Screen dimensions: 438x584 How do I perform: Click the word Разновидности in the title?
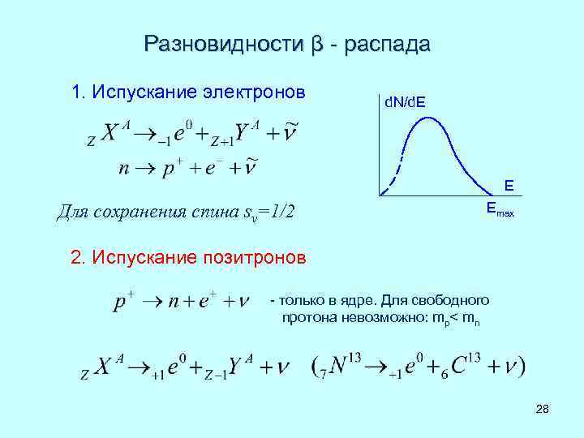(221, 44)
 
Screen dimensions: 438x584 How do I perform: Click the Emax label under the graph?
(500, 210)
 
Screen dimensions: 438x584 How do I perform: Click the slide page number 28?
(543, 414)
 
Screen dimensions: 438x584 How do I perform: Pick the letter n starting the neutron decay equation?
(123, 169)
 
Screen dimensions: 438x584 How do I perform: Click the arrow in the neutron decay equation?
(146, 170)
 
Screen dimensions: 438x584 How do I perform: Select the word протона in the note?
(307, 318)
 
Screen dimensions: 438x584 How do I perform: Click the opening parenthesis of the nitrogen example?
(316, 367)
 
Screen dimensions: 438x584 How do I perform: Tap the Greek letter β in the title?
(317, 45)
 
